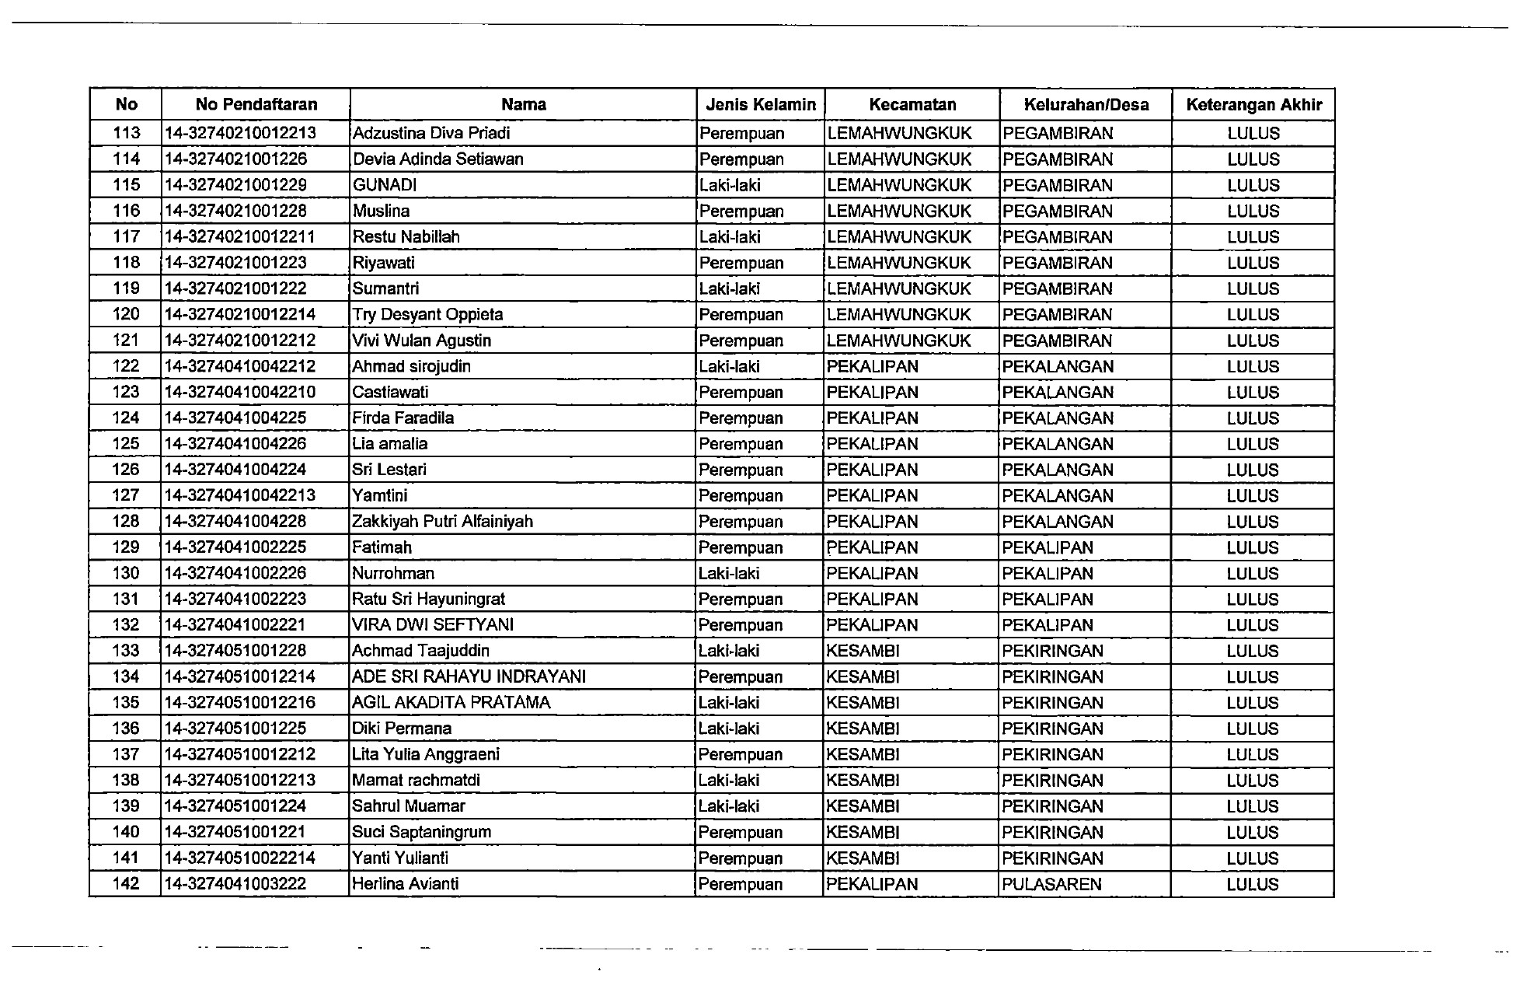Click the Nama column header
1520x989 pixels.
(x=523, y=105)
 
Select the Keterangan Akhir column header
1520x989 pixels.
(x=1253, y=105)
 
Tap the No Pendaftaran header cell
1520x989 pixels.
(x=256, y=105)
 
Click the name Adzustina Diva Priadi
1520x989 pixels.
(x=431, y=133)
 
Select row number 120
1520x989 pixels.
(x=126, y=314)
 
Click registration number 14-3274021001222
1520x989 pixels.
(x=235, y=288)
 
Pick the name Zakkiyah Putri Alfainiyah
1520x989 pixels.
(x=442, y=521)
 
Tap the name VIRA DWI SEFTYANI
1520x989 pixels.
(x=432, y=624)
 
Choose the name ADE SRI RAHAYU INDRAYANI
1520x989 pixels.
(x=469, y=676)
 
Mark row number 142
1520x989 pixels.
(x=126, y=884)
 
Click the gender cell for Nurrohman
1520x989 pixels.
(x=729, y=573)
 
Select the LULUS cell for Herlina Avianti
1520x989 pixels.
(x=1252, y=884)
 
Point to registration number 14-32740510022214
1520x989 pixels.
(x=240, y=858)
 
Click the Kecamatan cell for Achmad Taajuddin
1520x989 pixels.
(x=863, y=651)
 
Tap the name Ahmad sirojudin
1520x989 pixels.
(x=411, y=366)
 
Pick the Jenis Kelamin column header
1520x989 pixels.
(x=760, y=105)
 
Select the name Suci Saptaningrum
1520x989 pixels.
(x=421, y=832)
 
